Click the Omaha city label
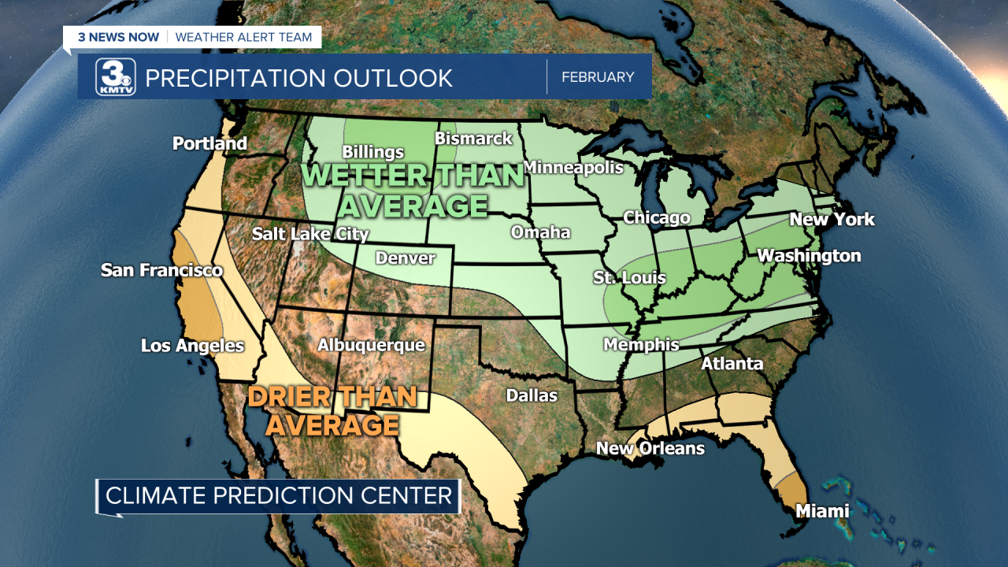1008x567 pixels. (x=540, y=232)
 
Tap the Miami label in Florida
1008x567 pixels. (x=822, y=511)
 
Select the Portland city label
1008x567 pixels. (x=209, y=143)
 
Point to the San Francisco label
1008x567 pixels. (x=161, y=270)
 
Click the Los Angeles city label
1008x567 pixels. (x=192, y=346)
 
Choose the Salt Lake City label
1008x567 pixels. (x=310, y=234)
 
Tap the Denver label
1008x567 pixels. (x=405, y=258)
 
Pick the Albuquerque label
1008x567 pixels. (x=371, y=345)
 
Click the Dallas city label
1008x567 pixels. (x=532, y=395)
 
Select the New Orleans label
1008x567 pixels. (x=650, y=448)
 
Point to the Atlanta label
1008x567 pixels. (x=732, y=363)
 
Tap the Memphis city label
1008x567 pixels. (x=641, y=344)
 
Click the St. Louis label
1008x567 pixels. (x=629, y=277)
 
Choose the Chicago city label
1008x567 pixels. (x=657, y=217)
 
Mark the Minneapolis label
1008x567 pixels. (x=573, y=167)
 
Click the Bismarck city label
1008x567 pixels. (x=473, y=139)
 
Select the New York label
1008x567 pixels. (x=832, y=219)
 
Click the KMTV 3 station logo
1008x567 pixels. (x=116, y=77)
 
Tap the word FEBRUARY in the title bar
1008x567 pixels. (x=598, y=77)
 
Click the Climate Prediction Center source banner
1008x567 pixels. (x=279, y=495)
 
